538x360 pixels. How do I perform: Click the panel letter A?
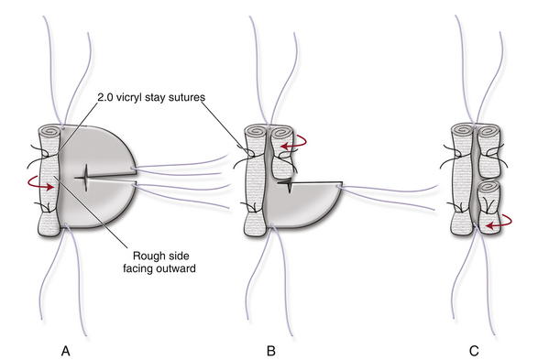[x=66, y=351]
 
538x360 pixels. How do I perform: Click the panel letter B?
[x=270, y=351]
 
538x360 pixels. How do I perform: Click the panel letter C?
[x=474, y=351]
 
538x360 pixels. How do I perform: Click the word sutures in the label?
[x=187, y=98]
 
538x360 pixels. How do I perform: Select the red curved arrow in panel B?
[x=294, y=142]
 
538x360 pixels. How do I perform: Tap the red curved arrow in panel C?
[x=499, y=222]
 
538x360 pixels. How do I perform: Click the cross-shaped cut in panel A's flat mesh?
[x=86, y=178]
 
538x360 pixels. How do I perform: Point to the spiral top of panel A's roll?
[x=49, y=131]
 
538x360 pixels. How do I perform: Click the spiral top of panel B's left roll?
[x=256, y=131]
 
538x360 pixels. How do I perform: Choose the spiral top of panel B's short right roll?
[x=281, y=131]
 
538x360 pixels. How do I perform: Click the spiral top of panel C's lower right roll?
[x=489, y=188]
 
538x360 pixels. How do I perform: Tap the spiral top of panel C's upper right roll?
[x=489, y=131]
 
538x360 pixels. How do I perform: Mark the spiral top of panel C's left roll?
[x=463, y=131]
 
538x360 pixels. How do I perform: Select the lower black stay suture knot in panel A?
[x=47, y=206]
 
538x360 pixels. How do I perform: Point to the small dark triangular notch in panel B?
[x=287, y=185]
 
